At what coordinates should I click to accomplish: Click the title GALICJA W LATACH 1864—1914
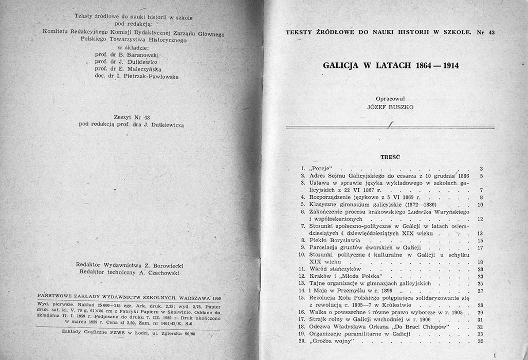click(x=390, y=66)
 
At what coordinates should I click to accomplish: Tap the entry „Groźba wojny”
click(x=331, y=340)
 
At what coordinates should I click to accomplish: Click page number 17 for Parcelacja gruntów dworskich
click(x=480, y=247)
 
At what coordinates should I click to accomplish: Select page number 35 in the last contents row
click(x=480, y=340)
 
